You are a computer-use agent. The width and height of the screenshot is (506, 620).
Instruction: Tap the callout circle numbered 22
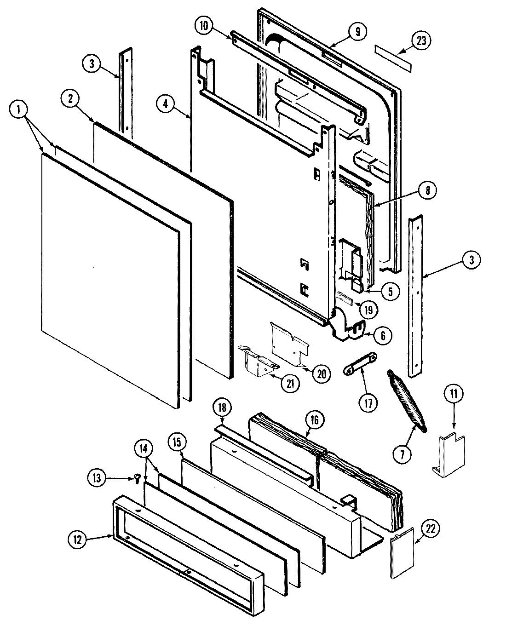pos(430,530)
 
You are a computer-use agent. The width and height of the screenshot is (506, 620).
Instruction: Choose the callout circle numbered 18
pos(224,408)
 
